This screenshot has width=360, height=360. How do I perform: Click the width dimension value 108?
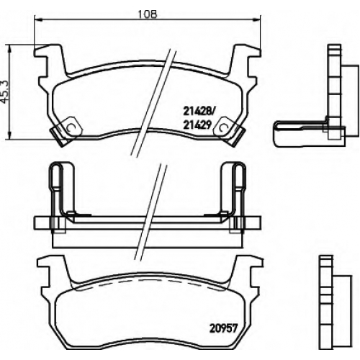[148, 14]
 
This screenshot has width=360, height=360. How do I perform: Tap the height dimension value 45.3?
[5, 92]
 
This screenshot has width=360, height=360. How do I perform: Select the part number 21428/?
[198, 111]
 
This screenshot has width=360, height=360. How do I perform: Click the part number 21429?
[197, 125]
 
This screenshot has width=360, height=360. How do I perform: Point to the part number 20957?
[223, 328]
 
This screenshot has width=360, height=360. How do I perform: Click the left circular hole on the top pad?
[71, 127]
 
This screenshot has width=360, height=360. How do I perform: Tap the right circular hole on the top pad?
[224, 127]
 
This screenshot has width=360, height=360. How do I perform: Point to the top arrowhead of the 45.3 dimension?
[9, 49]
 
